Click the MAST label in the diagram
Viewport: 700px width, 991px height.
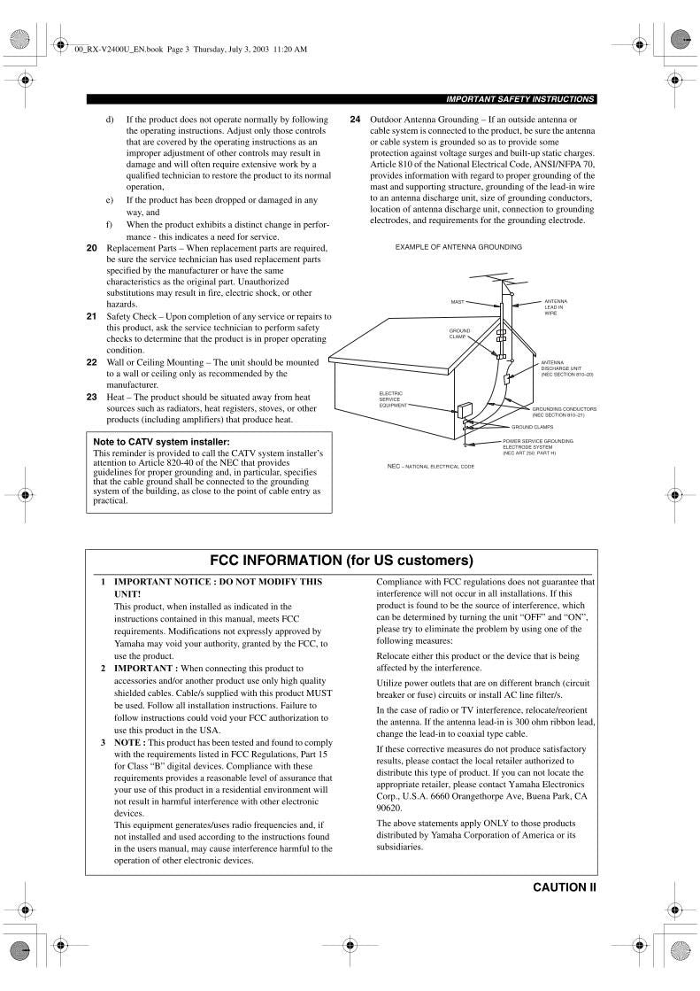pyautogui.click(x=457, y=302)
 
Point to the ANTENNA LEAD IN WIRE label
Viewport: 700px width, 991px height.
pyautogui.click(x=556, y=307)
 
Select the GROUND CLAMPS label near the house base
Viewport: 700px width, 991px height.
pyautogui.click(x=532, y=427)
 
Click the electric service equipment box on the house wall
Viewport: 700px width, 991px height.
pyautogui.click(x=464, y=412)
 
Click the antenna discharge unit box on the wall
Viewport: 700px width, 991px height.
pyautogui.click(x=507, y=378)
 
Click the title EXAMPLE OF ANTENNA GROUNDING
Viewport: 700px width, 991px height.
pyautogui.click(x=458, y=246)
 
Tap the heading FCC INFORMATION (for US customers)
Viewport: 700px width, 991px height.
pyautogui.click(x=342, y=561)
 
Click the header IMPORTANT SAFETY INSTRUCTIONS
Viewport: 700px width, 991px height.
pyautogui.click(x=520, y=99)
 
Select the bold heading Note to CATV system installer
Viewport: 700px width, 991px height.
pyautogui.click(x=161, y=441)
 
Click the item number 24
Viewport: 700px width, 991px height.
pyautogui.click(x=355, y=119)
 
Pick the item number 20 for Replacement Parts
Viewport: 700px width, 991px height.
pyautogui.click(x=92, y=248)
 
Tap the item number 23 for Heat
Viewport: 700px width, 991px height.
pyautogui.click(x=92, y=397)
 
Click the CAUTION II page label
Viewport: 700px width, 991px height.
pyautogui.click(x=565, y=886)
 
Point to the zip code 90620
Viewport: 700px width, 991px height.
pyautogui.click(x=389, y=808)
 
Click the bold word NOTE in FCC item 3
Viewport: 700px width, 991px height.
pyautogui.click(x=129, y=742)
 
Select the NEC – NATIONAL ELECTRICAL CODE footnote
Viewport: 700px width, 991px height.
pyautogui.click(x=430, y=466)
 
